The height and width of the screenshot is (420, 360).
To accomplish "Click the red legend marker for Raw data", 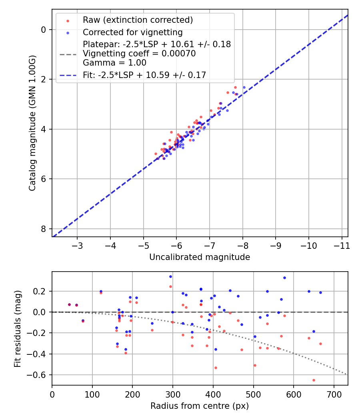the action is click(68, 21).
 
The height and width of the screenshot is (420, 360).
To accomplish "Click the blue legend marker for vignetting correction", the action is click(68, 33).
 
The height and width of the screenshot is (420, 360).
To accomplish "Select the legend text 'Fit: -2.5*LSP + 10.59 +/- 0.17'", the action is click(144, 75).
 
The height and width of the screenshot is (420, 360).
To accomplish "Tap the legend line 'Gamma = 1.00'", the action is click(115, 63).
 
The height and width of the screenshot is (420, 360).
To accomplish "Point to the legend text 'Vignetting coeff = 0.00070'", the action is click(139, 54).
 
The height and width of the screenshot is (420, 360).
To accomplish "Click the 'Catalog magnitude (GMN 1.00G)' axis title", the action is click(32, 123).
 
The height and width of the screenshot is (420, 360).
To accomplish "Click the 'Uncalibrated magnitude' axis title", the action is click(200, 257).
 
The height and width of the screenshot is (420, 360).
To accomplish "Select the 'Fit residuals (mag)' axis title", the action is click(18, 329).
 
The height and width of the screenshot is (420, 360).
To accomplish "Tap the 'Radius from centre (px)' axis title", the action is click(200, 406).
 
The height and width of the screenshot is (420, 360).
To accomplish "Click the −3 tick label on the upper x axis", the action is click(77, 246).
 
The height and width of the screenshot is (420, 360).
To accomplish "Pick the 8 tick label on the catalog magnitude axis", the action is click(43, 229).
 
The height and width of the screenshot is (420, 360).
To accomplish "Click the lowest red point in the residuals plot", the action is click(314, 380).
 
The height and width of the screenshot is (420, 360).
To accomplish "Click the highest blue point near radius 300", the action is click(171, 277).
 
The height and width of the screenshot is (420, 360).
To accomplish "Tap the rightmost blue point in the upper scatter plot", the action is click(244, 88).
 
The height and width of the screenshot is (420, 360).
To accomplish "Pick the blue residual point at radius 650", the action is click(314, 332).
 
